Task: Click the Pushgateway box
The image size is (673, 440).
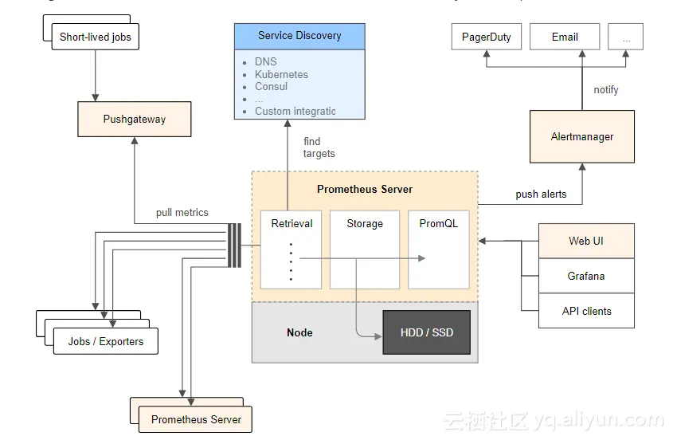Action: click(x=134, y=120)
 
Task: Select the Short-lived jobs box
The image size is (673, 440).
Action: click(x=95, y=37)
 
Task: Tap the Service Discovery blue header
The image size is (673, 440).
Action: click(x=299, y=36)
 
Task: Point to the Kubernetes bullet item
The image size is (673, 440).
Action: click(x=281, y=74)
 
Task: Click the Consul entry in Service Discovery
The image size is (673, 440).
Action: click(x=271, y=86)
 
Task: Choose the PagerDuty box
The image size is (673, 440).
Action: click(x=486, y=37)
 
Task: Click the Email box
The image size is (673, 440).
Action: click(x=565, y=37)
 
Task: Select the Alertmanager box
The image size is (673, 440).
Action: click(x=582, y=136)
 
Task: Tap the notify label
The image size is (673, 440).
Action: click(x=606, y=90)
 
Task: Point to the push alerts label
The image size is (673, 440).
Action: click(x=541, y=194)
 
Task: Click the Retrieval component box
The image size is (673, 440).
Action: click(x=292, y=249)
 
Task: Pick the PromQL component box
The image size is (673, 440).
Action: click(x=438, y=249)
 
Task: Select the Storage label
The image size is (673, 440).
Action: click(x=365, y=224)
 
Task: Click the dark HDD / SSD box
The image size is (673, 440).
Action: click(x=426, y=332)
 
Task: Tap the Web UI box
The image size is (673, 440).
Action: click(x=586, y=241)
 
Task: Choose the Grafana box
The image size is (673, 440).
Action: click(x=586, y=276)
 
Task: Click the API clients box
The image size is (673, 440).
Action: click(x=586, y=311)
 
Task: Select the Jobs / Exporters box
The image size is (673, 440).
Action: click(x=106, y=341)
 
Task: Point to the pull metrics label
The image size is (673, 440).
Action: click(x=182, y=213)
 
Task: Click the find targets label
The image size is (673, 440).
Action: click(x=319, y=147)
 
